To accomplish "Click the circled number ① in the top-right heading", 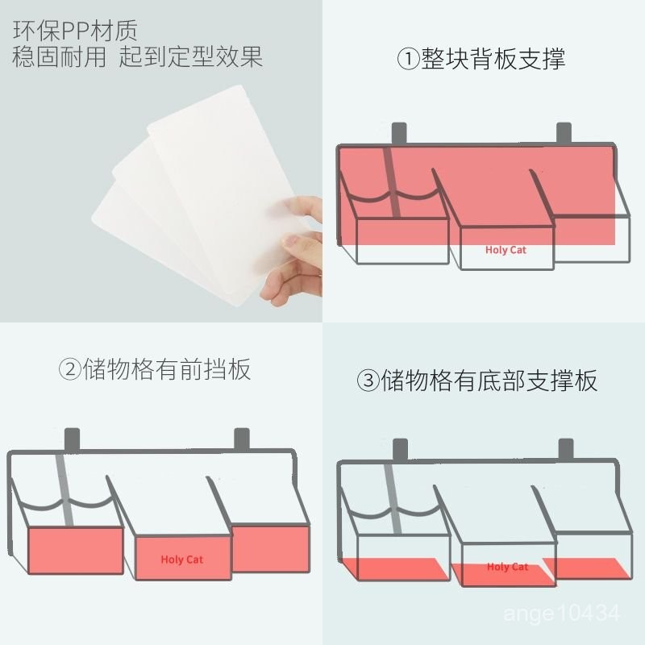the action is coord(408,59).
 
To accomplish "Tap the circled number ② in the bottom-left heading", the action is coord(70,369).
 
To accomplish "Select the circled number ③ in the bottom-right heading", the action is coord(368,381).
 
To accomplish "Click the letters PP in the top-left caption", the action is coord(75,30).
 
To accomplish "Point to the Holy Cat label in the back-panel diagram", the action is coord(506,250).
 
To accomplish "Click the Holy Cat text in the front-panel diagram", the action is coord(182,560).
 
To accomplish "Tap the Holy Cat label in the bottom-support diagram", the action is coord(507,567).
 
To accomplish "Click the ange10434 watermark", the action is coord(561,614).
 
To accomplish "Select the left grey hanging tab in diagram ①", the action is coord(399,134).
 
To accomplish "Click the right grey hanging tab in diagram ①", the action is coord(564,133).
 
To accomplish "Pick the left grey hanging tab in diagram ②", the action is coord(72,439).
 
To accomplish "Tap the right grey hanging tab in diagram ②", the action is coord(242,439).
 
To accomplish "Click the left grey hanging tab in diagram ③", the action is coord(400,450).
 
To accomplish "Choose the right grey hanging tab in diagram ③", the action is coord(566,449).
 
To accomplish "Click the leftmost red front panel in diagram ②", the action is coord(76,551).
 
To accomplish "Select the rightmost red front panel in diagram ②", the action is coord(270,548).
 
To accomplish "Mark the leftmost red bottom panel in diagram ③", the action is coord(395,569).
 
